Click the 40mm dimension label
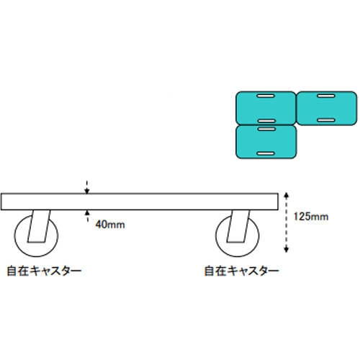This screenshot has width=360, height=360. (110, 225)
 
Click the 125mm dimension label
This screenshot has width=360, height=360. (311, 217)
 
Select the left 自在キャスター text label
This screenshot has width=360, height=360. (44, 271)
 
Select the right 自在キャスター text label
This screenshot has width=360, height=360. (242, 271)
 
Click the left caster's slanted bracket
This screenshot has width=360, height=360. (39, 226)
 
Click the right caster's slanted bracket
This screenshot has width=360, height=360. (238, 226)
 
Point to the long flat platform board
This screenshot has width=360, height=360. (140, 202)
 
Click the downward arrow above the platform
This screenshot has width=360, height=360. (87, 186)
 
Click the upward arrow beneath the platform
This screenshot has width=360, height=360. (88, 216)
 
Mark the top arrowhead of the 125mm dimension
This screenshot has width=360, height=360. (286, 196)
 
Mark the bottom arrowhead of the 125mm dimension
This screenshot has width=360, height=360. (286, 250)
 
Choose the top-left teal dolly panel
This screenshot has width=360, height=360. (266, 108)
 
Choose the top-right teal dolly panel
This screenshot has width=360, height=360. (326, 108)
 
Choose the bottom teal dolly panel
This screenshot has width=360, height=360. (266, 142)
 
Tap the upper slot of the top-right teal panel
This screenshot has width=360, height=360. (326, 96)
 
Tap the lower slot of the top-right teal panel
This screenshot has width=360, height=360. (326, 120)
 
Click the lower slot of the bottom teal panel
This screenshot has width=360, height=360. (266, 153)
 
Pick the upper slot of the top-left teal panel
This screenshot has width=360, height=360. (266, 96)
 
